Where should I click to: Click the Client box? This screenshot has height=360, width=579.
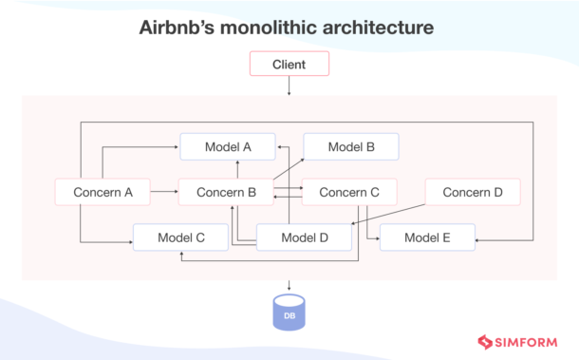289,65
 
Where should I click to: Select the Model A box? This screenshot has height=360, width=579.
228,146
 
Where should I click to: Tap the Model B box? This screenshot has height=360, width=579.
351,146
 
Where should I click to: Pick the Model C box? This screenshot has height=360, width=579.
180,237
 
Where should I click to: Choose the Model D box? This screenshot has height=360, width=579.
305,237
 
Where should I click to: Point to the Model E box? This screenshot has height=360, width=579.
427,237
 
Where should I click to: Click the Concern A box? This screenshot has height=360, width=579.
103,192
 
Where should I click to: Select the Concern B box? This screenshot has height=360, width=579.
226,192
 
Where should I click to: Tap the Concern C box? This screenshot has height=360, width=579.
349,192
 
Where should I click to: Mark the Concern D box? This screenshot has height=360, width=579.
472,192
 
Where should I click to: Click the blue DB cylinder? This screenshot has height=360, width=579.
289,312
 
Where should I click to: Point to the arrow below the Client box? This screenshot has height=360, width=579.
289,85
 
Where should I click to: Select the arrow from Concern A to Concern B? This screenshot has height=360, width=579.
164,192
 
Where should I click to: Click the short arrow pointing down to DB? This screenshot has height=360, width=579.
289,285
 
